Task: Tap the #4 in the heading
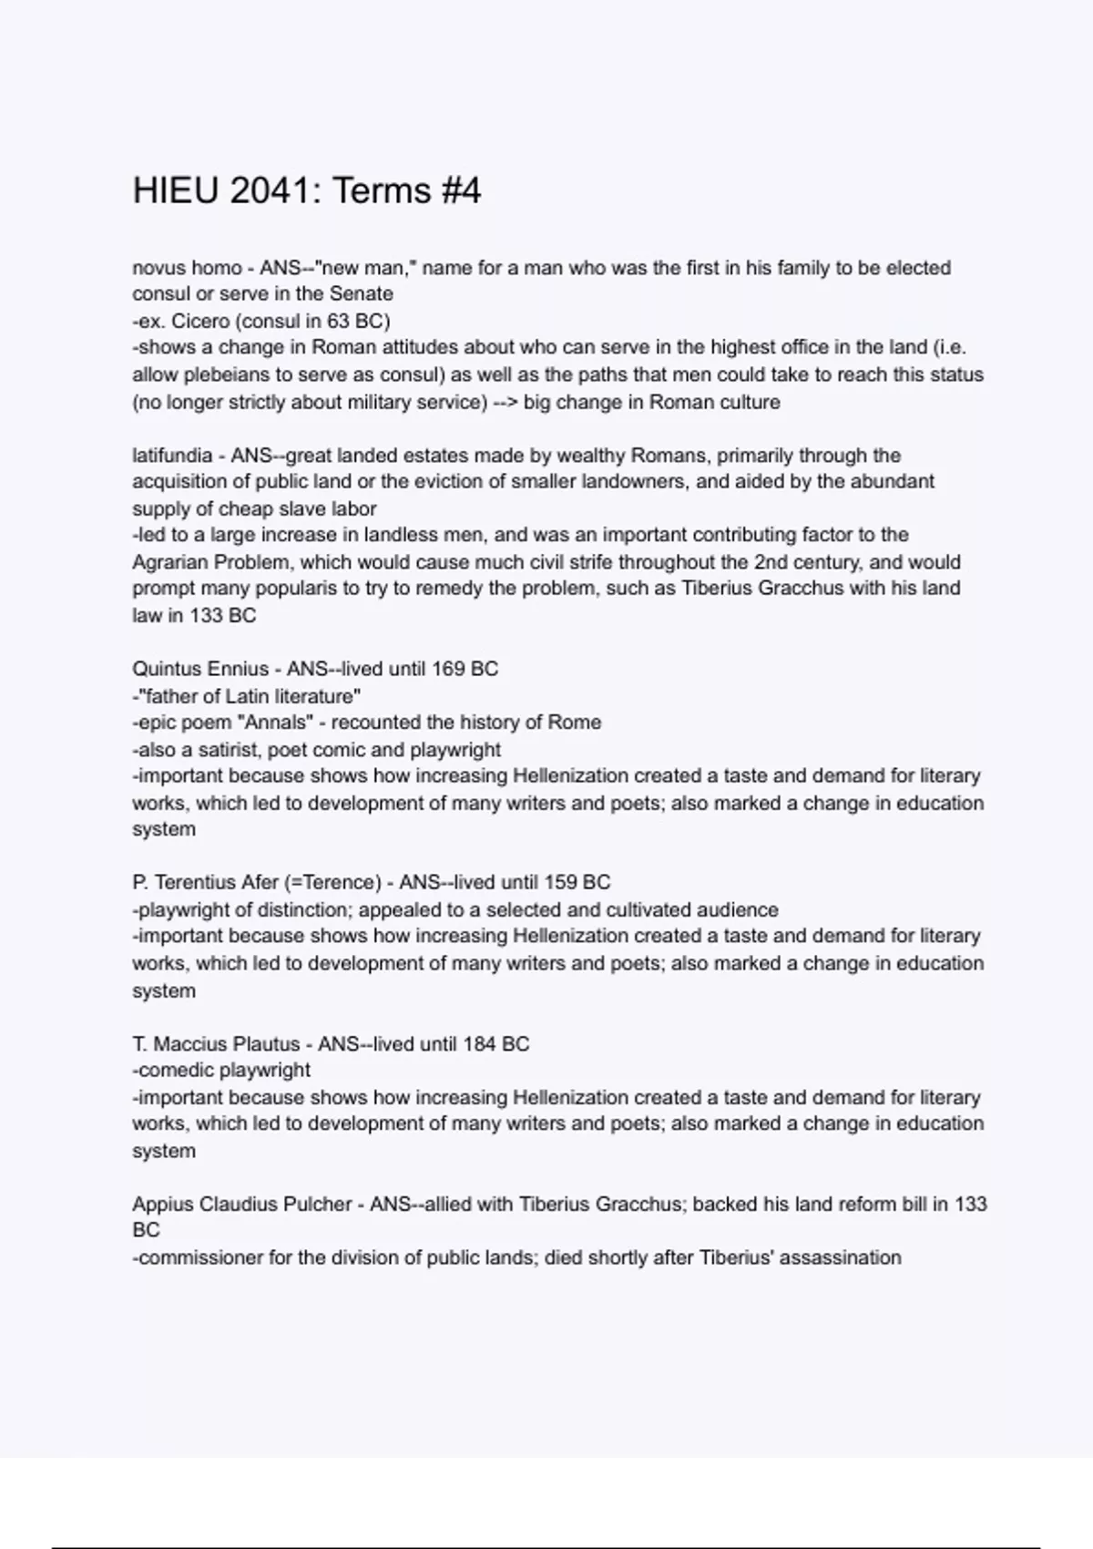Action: click(x=460, y=191)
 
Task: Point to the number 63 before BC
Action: click(x=340, y=321)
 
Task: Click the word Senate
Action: click(x=362, y=294)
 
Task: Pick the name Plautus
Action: click(x=265, y=1044)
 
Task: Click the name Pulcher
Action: click(x=315, y=1205)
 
